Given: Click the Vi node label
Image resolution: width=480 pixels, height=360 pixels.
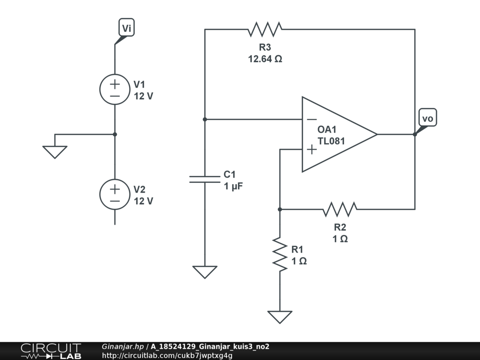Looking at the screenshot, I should (x=127, y=28).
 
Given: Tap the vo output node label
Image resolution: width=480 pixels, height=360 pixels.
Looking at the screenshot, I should (x=427, y=119).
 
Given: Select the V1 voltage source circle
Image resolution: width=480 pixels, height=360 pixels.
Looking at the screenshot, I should (x=115, y=90).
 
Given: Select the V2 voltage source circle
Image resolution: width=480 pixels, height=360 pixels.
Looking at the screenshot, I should (x=115, y=195).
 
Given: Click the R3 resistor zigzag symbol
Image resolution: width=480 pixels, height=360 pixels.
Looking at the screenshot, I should (x=265, y=30).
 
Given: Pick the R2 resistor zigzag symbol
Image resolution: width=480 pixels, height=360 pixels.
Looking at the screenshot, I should (x=340, y=209).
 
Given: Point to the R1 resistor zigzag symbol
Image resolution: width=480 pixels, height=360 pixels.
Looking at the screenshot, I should (x=280, y=254).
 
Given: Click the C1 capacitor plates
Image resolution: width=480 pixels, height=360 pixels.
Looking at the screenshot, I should (x=205, y=179).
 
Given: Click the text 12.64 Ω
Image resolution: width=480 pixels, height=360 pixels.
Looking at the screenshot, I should (x=265, y=59).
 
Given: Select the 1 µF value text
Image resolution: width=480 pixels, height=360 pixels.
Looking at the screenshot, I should (x=233, y=186).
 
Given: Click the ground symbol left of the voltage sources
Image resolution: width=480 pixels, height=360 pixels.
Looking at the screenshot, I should (x=55, y=151).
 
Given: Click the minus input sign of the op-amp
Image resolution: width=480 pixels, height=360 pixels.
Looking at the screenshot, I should (x=311, y=120).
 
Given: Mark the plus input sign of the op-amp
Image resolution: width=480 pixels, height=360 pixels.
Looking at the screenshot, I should (x=311, y=150).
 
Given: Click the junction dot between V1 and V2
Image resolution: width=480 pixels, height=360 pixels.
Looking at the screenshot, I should (x=115, y=135).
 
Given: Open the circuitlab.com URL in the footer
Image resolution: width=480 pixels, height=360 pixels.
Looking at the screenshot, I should (x=167, y=355).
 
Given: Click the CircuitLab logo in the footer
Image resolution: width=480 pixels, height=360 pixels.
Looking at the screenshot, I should (x=51, y=351).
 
